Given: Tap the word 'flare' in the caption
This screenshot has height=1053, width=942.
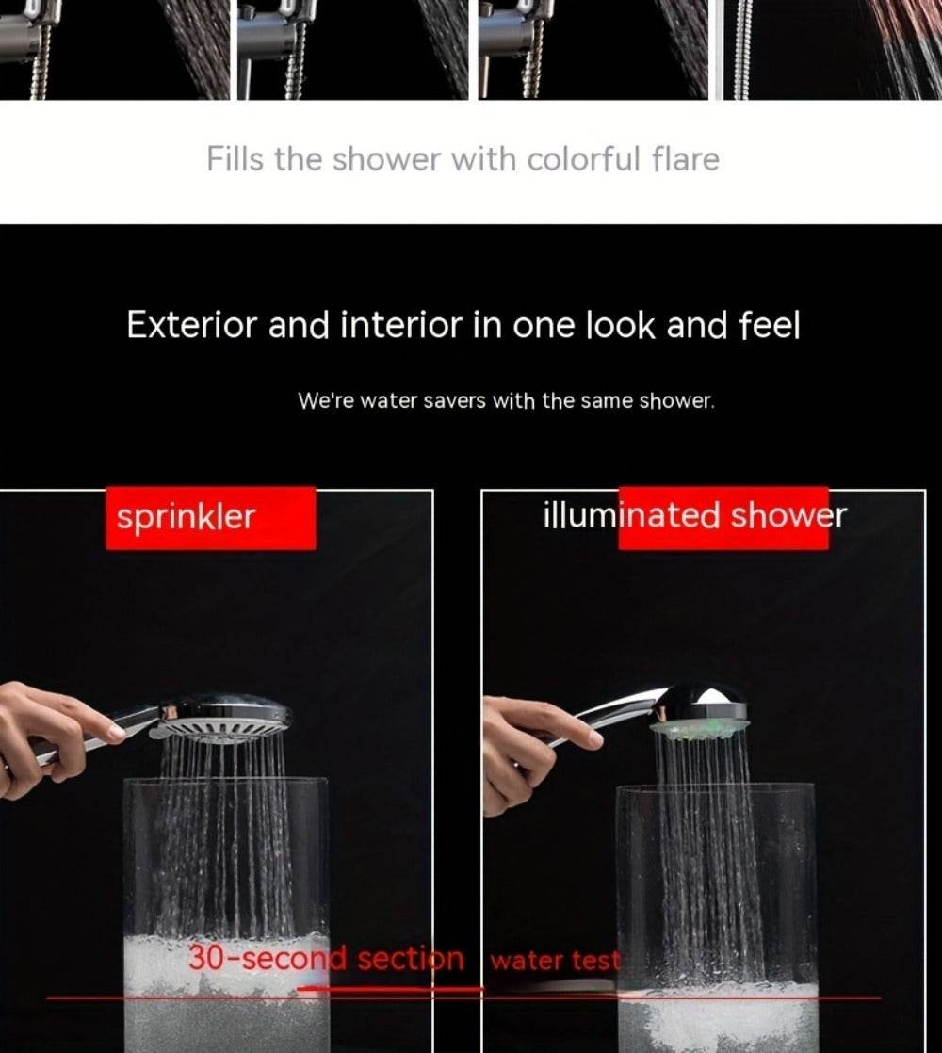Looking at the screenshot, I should click(x=685, y=159).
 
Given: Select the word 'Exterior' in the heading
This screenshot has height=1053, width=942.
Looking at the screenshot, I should click(x=192, y=326).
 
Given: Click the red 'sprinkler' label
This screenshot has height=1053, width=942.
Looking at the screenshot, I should click(x=210, y=517).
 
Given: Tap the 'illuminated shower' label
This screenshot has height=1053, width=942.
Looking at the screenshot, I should click(x=694, y=516).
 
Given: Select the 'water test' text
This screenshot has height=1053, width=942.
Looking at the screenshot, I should click(x=556, y=961).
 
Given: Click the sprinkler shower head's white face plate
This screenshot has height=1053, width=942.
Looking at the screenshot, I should click(x=221, y=729).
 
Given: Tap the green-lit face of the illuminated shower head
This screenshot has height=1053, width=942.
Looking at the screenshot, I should click(x=700, y=729).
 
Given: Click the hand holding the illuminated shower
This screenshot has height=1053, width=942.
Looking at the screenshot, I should click(x=528, y=749).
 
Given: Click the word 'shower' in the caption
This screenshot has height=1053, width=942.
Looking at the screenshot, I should click(x=385, y=159).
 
